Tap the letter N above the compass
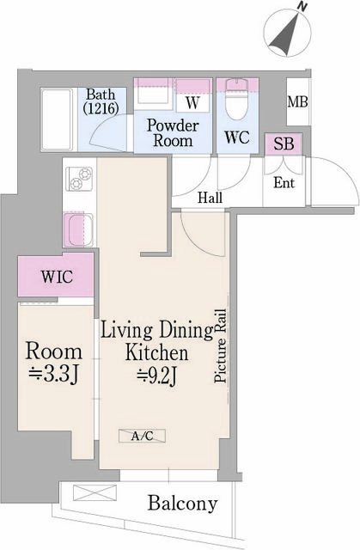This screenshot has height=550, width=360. (302, 8)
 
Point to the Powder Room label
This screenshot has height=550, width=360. (172, 132)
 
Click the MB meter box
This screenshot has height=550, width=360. (297, 103)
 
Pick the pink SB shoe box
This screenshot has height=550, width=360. (283, 144)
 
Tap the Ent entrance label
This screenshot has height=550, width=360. (284, 183)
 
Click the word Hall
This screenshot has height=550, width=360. (211, 198)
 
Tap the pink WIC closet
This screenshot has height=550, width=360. (56, 278)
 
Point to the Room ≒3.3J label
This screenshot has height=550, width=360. (54, 361)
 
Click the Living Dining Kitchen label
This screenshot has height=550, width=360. (156, 340)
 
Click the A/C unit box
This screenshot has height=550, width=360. (143, 437)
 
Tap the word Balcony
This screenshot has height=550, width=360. (181, 504)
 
